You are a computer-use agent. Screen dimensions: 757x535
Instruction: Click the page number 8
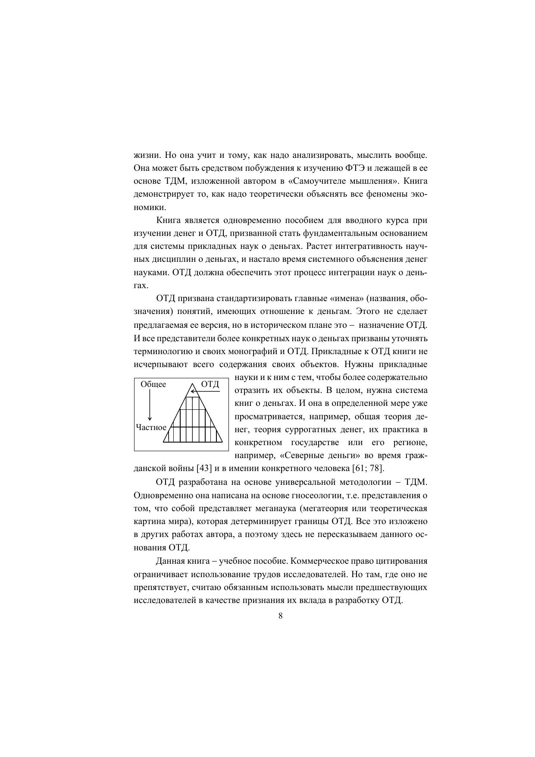pos(280,616)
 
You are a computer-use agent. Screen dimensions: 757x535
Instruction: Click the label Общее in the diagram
pos(153,384)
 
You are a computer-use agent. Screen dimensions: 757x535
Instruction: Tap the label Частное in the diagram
pos(151,427)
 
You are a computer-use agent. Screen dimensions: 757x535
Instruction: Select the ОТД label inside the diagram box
pos(210,384)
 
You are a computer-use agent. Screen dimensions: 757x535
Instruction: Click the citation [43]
pos(204,468)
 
